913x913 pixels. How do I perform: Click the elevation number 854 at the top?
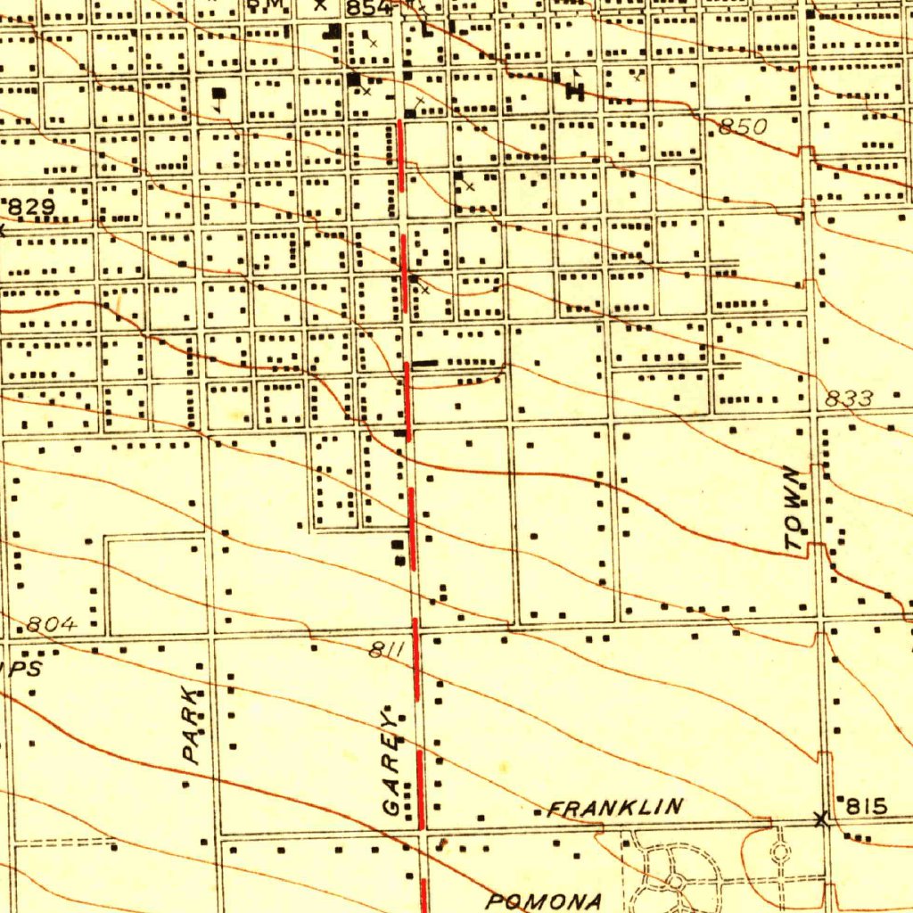pos(368,8)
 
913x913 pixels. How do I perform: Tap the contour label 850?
pos(742,127)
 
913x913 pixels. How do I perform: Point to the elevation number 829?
pos(31,208)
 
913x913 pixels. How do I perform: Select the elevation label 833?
pos(849,399)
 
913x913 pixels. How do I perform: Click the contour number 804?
pos(52,625)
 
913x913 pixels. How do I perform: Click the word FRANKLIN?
pos(616,809)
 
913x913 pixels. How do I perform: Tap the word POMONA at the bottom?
pos(543,900)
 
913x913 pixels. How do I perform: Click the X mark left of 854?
pos(320,4)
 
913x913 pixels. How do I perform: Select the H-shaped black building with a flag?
pos(574,88)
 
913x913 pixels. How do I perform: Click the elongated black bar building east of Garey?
pos(424,363)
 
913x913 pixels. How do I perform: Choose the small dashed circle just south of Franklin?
pos(781,851)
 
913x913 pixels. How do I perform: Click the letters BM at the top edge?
pos(263,4)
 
